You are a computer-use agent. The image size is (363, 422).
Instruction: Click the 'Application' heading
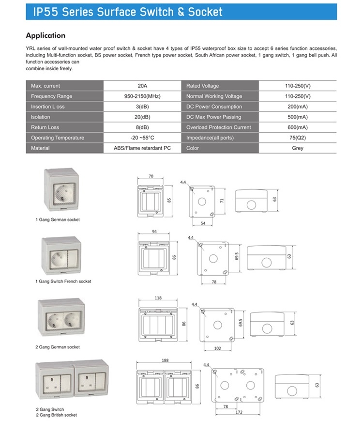pos(45,35)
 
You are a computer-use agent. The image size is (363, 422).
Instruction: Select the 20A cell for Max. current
pos(143,86)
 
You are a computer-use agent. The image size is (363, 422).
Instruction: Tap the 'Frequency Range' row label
pos(51,96)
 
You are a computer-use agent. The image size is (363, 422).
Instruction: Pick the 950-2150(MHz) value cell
pos(143,96)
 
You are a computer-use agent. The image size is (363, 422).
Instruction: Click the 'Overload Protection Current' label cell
pos(219,127)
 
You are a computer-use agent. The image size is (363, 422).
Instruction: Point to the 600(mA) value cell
pos(297,127)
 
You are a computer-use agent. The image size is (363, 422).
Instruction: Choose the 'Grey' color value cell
pos(297,148)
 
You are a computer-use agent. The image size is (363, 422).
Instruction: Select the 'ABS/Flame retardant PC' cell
pos(143,148)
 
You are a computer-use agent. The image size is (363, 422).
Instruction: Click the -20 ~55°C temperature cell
pos(143,138)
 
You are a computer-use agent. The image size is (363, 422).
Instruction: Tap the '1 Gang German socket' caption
pos(58,219)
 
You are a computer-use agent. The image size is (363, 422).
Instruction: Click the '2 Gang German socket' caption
pos(58,347)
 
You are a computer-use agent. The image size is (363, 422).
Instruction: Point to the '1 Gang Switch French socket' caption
pos(63,281)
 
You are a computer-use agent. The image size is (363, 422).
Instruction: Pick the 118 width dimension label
pos(158,298)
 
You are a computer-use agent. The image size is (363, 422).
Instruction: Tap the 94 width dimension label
pos(153,232)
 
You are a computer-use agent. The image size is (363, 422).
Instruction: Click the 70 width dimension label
pos(151,176)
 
